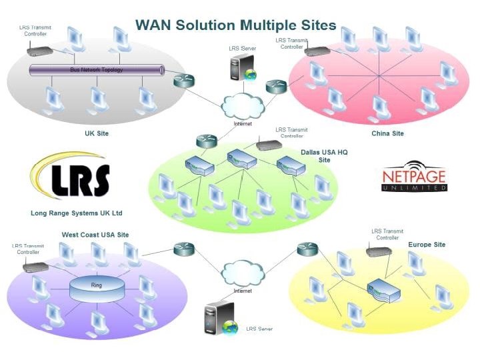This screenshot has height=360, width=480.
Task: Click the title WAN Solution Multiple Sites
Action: [x=235, y=25]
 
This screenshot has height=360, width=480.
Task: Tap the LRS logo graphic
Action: [x=72, y=178]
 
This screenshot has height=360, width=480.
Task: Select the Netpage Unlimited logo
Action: [x=414, y=178]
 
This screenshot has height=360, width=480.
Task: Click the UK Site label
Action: [x=97, y=133]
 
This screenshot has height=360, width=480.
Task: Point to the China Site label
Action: [x=387, y=133]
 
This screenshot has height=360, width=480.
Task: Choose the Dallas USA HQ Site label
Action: [x=324, y=156]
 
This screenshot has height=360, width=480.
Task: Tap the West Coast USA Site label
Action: [x=95, y=235]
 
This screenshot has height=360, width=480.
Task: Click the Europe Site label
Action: [x=427, y=245]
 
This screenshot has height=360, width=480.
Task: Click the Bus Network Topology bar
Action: [x=97, y=69]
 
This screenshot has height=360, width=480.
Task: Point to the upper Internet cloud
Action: [x=242, y=105]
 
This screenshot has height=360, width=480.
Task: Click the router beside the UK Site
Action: [x=183, y=81]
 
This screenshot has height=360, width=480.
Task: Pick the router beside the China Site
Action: [x=275, y=86]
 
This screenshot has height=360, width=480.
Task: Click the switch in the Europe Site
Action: [x=383, y=290]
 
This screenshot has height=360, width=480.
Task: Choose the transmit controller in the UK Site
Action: [x=39, y=49]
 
